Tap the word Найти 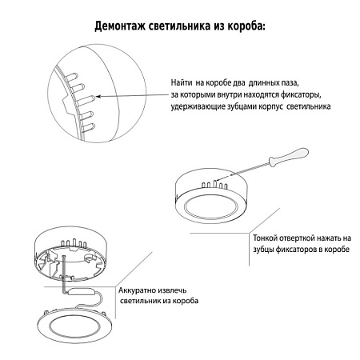click(x=182, y=84)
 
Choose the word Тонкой click(x=266, y=238)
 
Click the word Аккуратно click(x=139, y=291)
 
